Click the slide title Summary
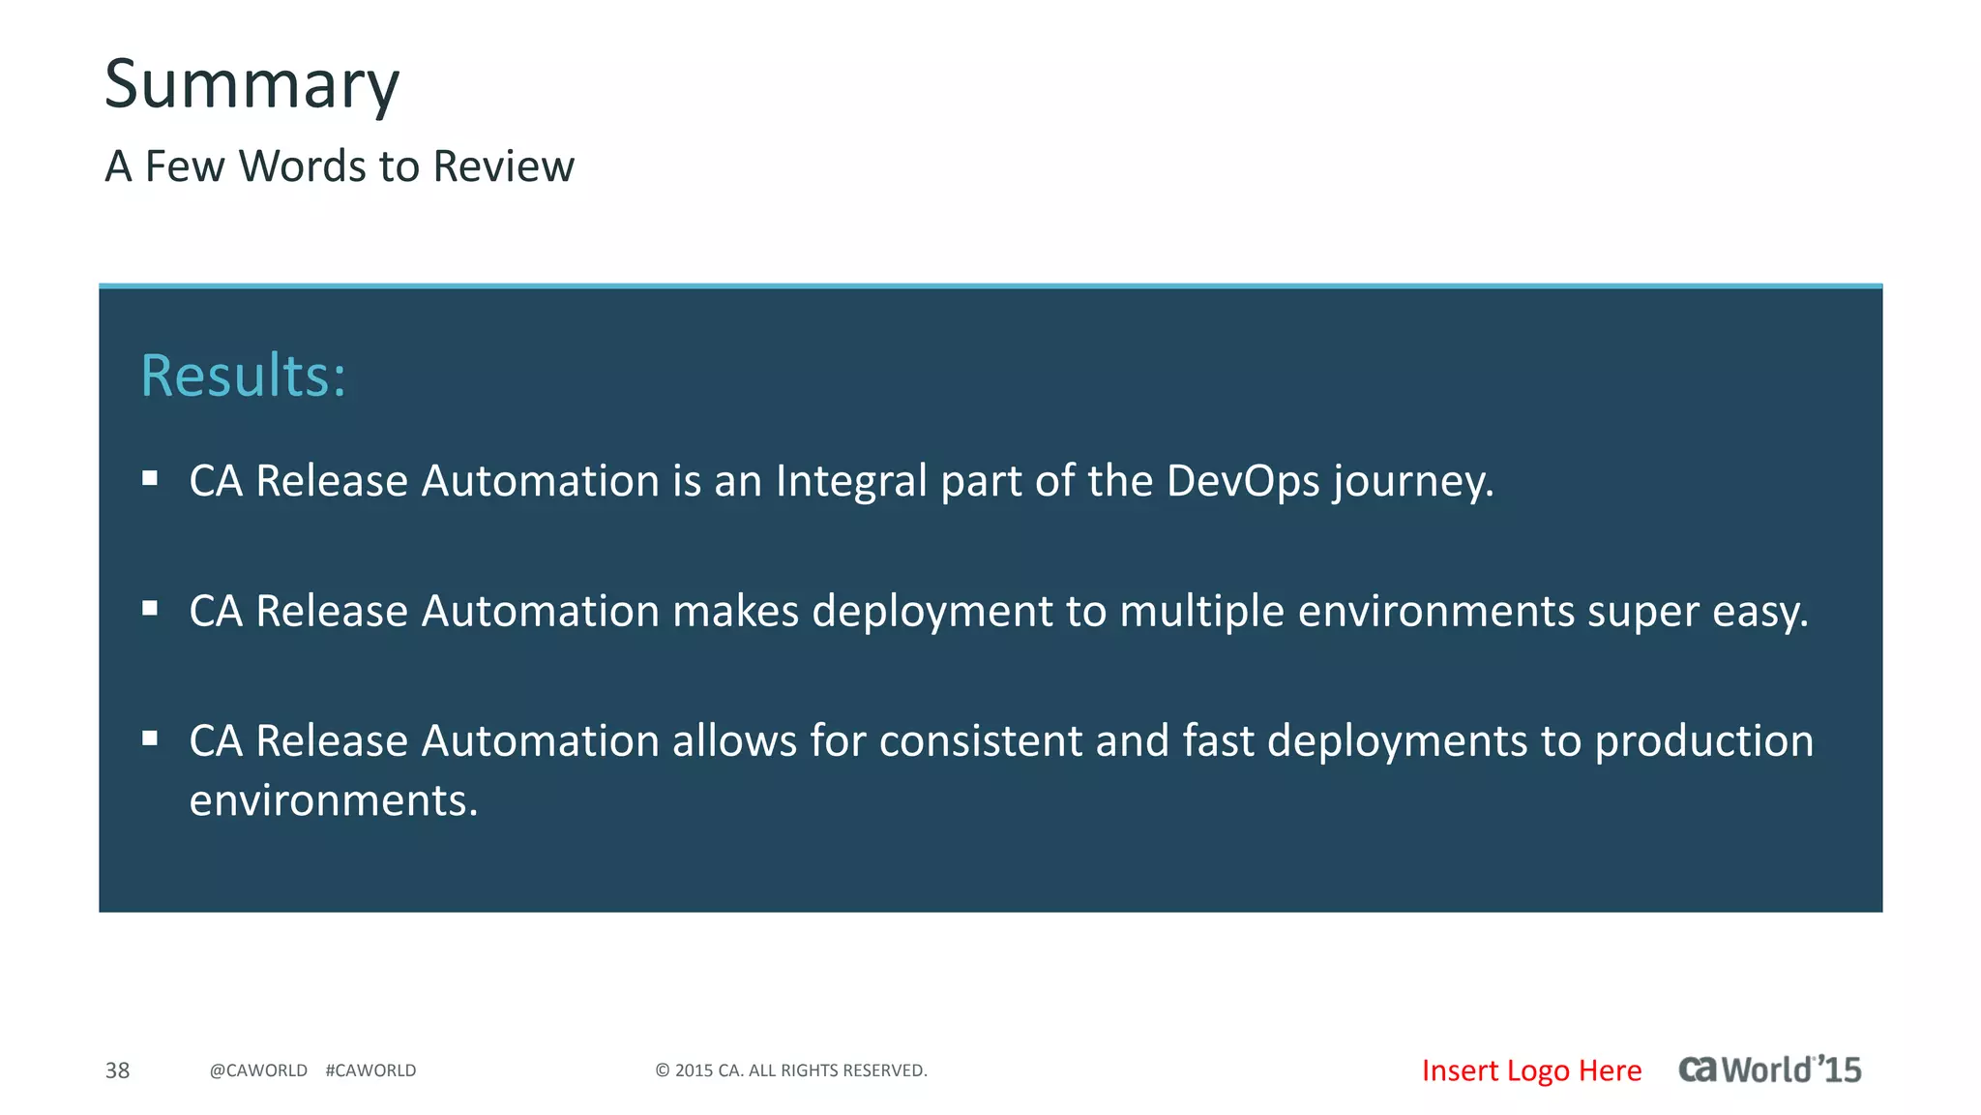[x=251, y=85]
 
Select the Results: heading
[x=243, y=376]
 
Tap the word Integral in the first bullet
[x=851, y=481]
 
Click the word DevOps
[x=1243, y=481]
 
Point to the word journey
[x=1412, y=481]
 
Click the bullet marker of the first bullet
[x=150, y=478]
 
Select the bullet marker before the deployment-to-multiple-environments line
[x=150, y=609]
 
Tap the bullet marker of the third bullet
[x=150, y=738]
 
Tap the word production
[x=1703, y=741]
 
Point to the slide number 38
[x=117, y=1070]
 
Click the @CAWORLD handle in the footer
[x=258, y=1070]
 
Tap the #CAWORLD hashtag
[x=370, y=1070]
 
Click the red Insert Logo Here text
[x=1531, y=1070]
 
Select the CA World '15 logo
[x=1769, y=1070]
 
